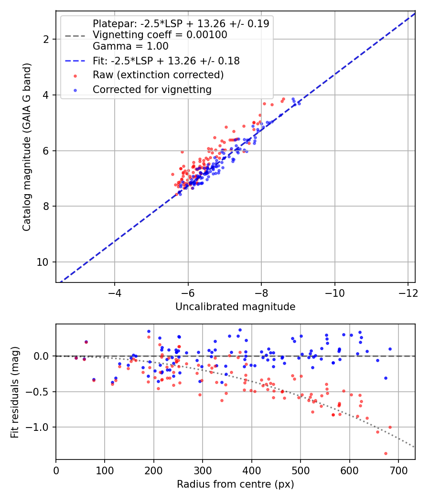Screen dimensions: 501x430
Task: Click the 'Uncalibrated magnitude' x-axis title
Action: point(235,307)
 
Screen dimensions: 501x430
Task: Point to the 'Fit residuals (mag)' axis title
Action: point(15,392)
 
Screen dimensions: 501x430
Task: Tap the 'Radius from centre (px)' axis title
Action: point(235,484)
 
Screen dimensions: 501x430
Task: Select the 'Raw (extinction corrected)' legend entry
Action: point(158,75)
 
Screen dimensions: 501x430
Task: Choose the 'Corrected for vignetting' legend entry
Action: point(152,89)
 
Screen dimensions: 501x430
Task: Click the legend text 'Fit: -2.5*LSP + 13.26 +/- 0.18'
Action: point(166,61)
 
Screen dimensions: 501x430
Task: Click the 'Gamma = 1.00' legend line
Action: point(130,46)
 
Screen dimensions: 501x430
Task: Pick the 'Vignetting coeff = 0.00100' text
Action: point(160,35)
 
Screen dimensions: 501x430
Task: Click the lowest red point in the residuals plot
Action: point(386,453)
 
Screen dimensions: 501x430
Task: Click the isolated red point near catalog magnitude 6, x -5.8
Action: point(182,152)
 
